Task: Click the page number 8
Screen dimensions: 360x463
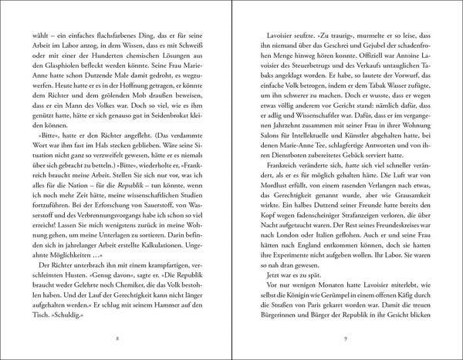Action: pos(116,338)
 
